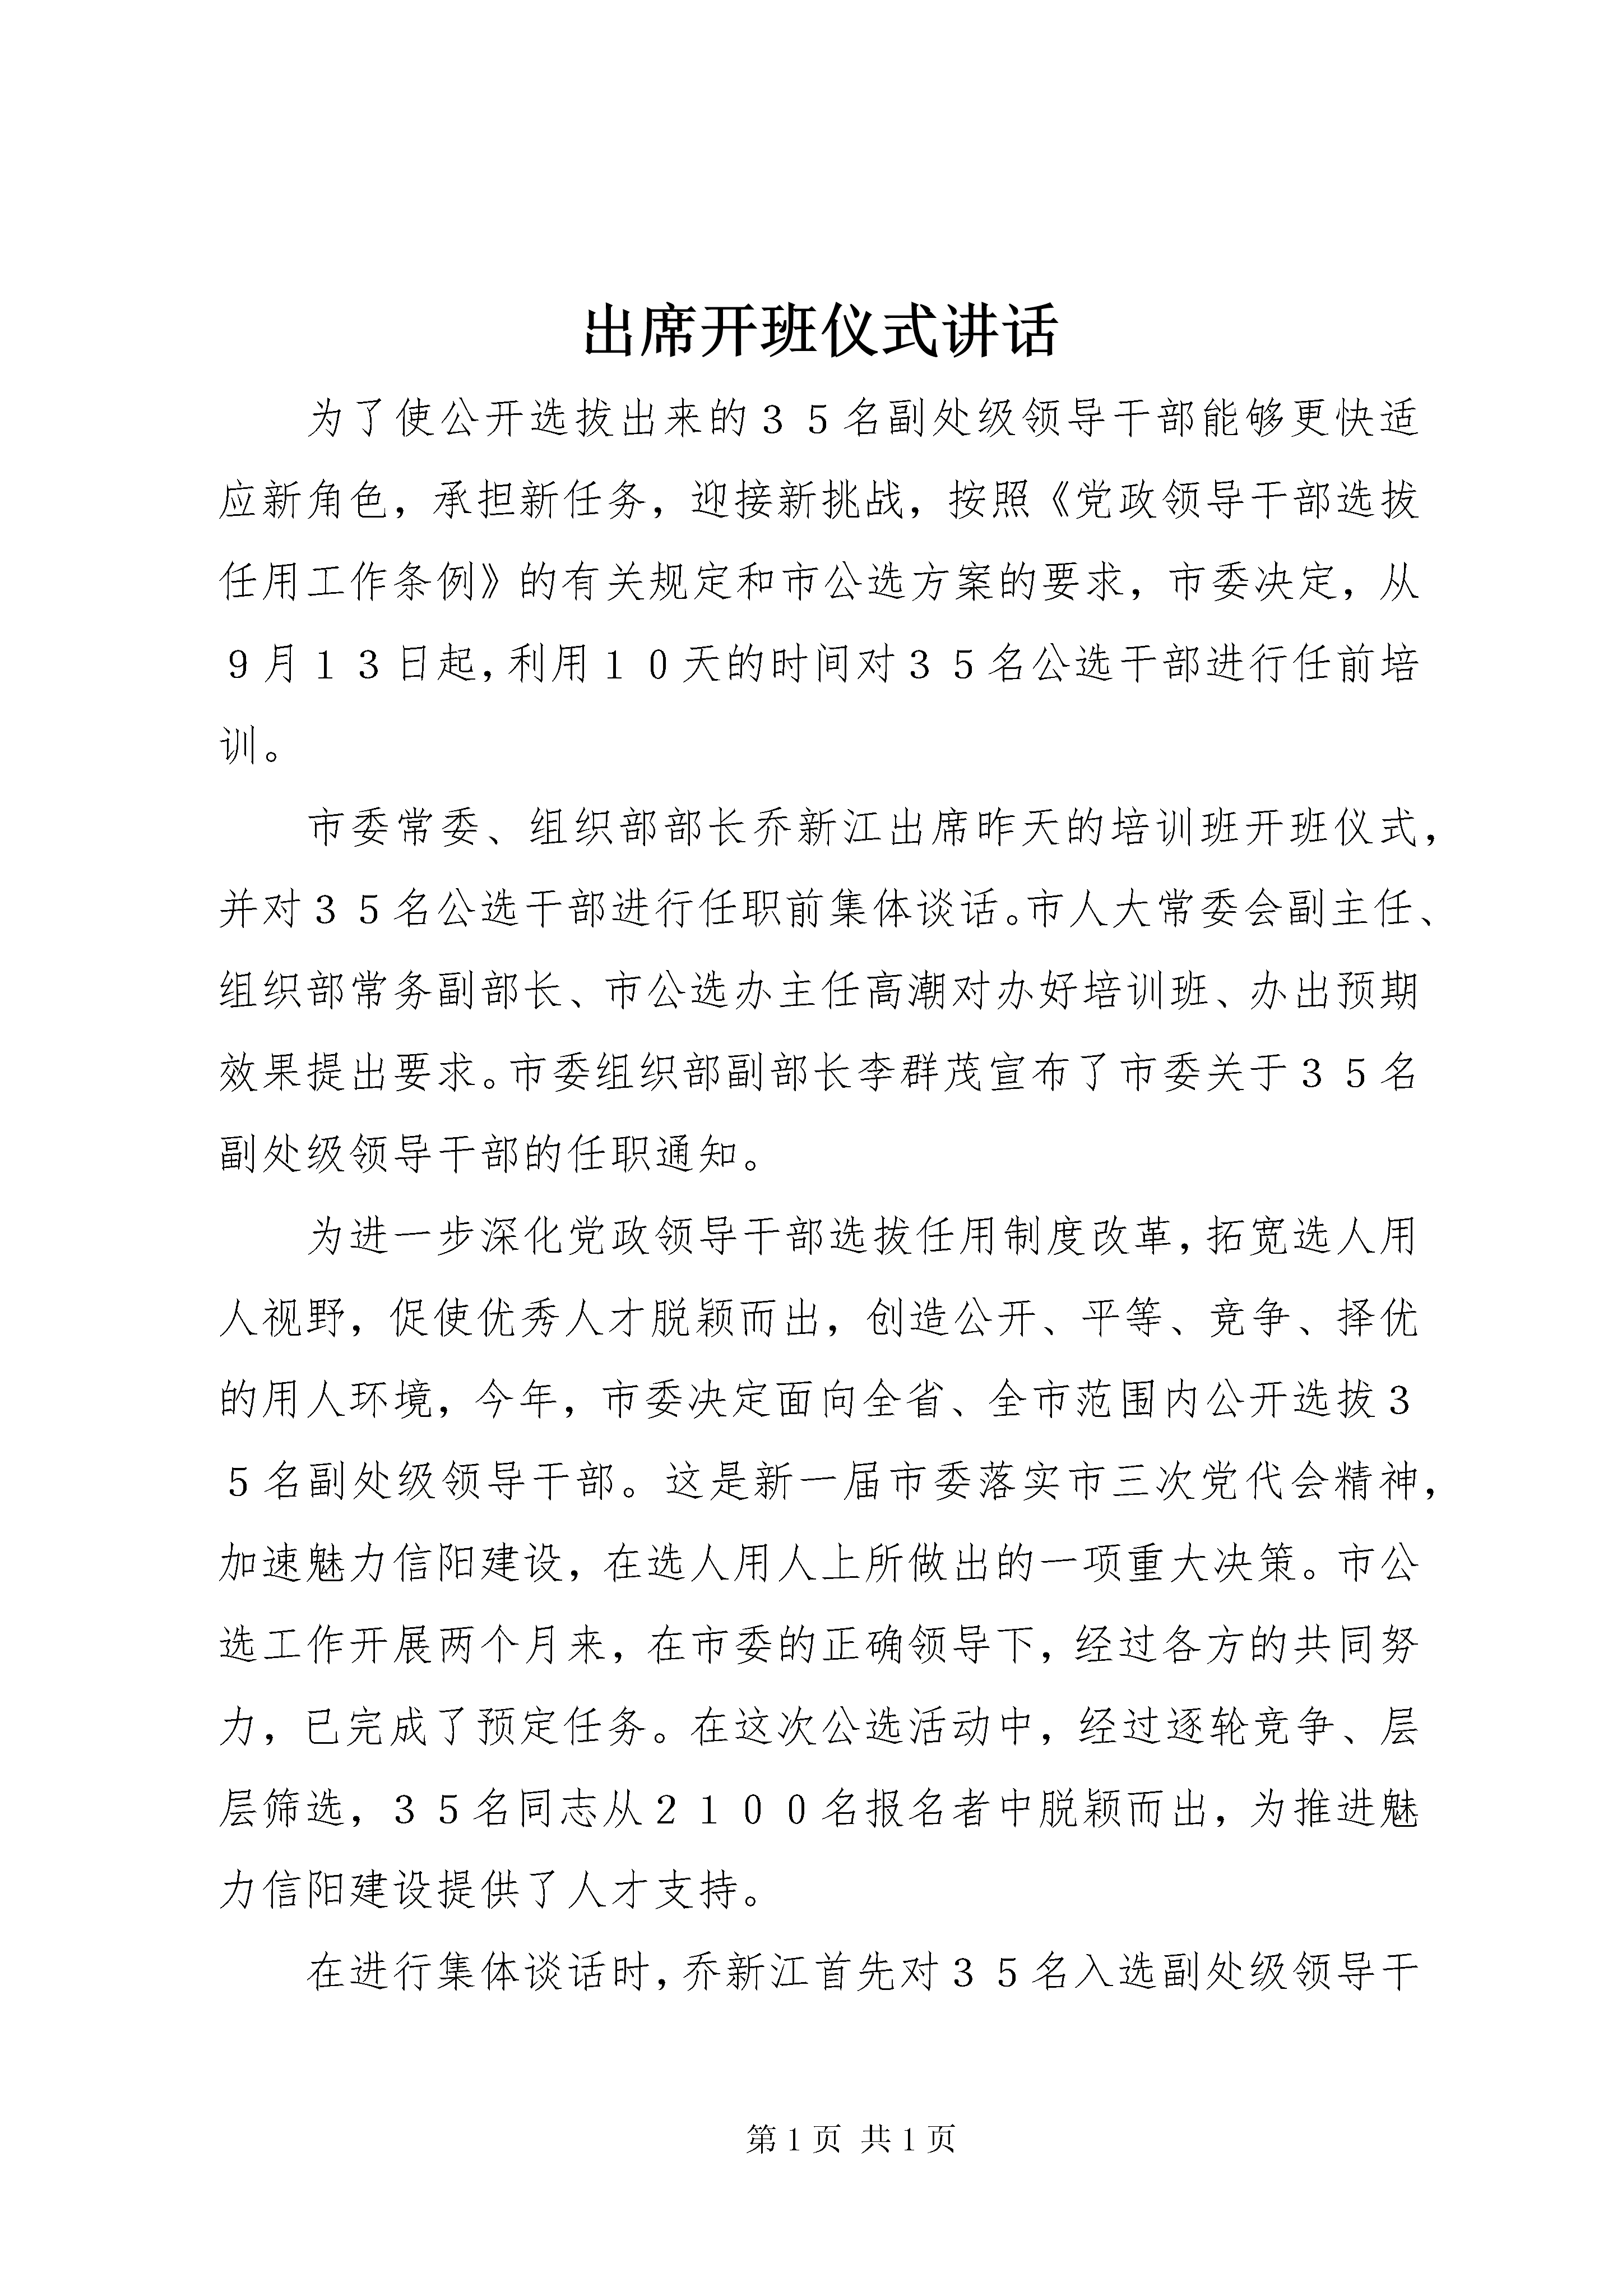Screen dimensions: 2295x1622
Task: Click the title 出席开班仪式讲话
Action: tap(819, 333)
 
